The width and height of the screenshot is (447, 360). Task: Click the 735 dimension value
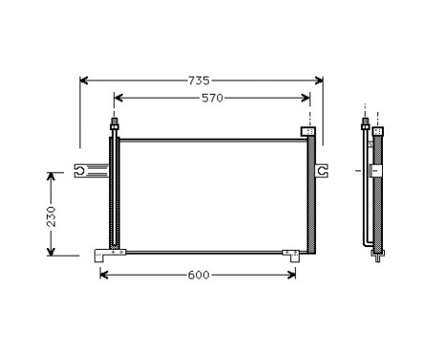tap(199, 81)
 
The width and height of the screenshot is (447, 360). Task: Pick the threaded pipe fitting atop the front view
tap(115, 125)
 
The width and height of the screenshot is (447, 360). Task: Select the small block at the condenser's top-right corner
tap(308, 131)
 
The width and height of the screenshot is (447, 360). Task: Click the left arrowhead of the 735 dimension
tap(83, 81)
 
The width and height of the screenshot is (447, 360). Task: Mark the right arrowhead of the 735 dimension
tap(321, 81)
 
